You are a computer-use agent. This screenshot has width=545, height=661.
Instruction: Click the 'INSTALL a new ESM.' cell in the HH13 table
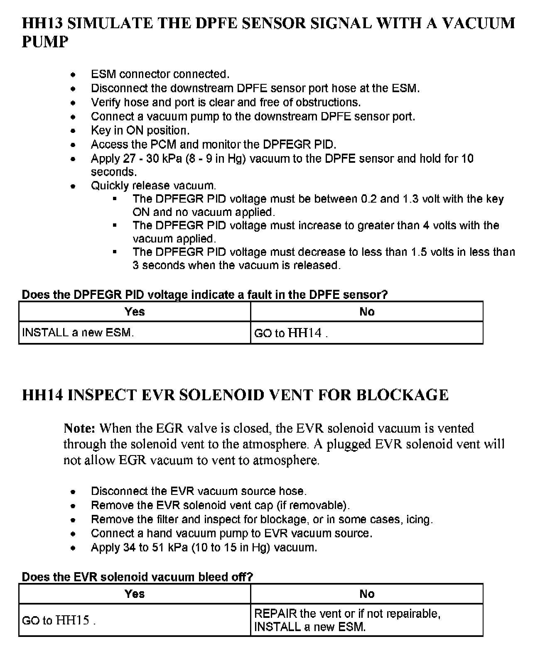coord(78,333)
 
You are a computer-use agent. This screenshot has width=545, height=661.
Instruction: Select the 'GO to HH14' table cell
coord(291,333)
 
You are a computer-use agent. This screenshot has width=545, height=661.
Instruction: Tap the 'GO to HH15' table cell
coord(59,620)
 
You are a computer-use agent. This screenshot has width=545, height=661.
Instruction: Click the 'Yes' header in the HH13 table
coord(135,312)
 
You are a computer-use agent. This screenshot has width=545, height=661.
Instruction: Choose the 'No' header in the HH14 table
coord(367,594)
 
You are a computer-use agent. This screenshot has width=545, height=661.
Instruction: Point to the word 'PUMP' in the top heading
coord(45,42)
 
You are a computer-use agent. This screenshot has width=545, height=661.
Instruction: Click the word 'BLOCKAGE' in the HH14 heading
coord(402,395)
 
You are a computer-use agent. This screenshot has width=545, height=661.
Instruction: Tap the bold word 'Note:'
coord(80,428)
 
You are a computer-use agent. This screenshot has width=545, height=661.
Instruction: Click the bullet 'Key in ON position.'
coord(140,130)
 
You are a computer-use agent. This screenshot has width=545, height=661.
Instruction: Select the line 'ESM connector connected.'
coord(160,74)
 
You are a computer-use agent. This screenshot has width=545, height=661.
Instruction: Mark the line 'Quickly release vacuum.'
coord(153,186)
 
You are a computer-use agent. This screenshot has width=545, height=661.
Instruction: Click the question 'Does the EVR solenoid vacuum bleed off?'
coord(137,577)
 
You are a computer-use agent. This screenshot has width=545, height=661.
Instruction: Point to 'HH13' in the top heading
coord(42,23)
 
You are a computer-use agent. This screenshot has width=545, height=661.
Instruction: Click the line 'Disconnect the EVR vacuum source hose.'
coord(199,491)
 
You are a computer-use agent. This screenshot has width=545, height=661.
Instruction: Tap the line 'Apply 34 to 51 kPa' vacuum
coord(204,548)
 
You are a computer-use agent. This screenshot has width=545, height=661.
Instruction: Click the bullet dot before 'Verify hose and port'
coord(73,103)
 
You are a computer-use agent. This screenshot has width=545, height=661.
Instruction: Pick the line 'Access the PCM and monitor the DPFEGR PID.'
coord(214,144)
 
